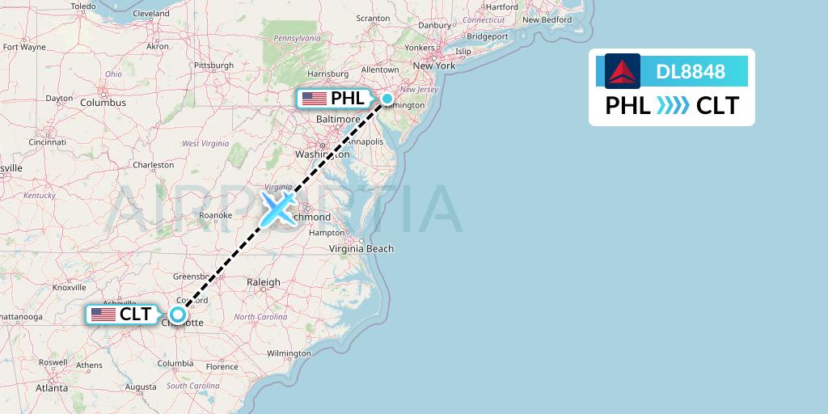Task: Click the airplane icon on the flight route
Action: click(277, 208)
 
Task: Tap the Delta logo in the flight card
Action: click(622, 71)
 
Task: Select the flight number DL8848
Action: click(690, 71)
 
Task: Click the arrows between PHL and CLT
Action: click(673, 106)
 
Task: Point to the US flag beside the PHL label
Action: click(313, 99)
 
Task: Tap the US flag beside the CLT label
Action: click(103, 315)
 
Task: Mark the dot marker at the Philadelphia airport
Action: click(387, 99)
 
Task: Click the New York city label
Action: click(433, 65)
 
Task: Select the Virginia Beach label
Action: click(361, 248)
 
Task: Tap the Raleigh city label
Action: click(264, 282)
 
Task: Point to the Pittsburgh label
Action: click(213, 65)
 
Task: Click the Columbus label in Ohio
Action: click(103, 103)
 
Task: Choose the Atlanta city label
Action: click(52, 388)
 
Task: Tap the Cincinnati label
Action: click(47, 142)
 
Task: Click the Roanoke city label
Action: click(215, 215)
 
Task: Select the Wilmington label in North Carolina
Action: click(289, 353)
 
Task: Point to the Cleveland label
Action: click(150, 14)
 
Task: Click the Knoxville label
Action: click(69, 287)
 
